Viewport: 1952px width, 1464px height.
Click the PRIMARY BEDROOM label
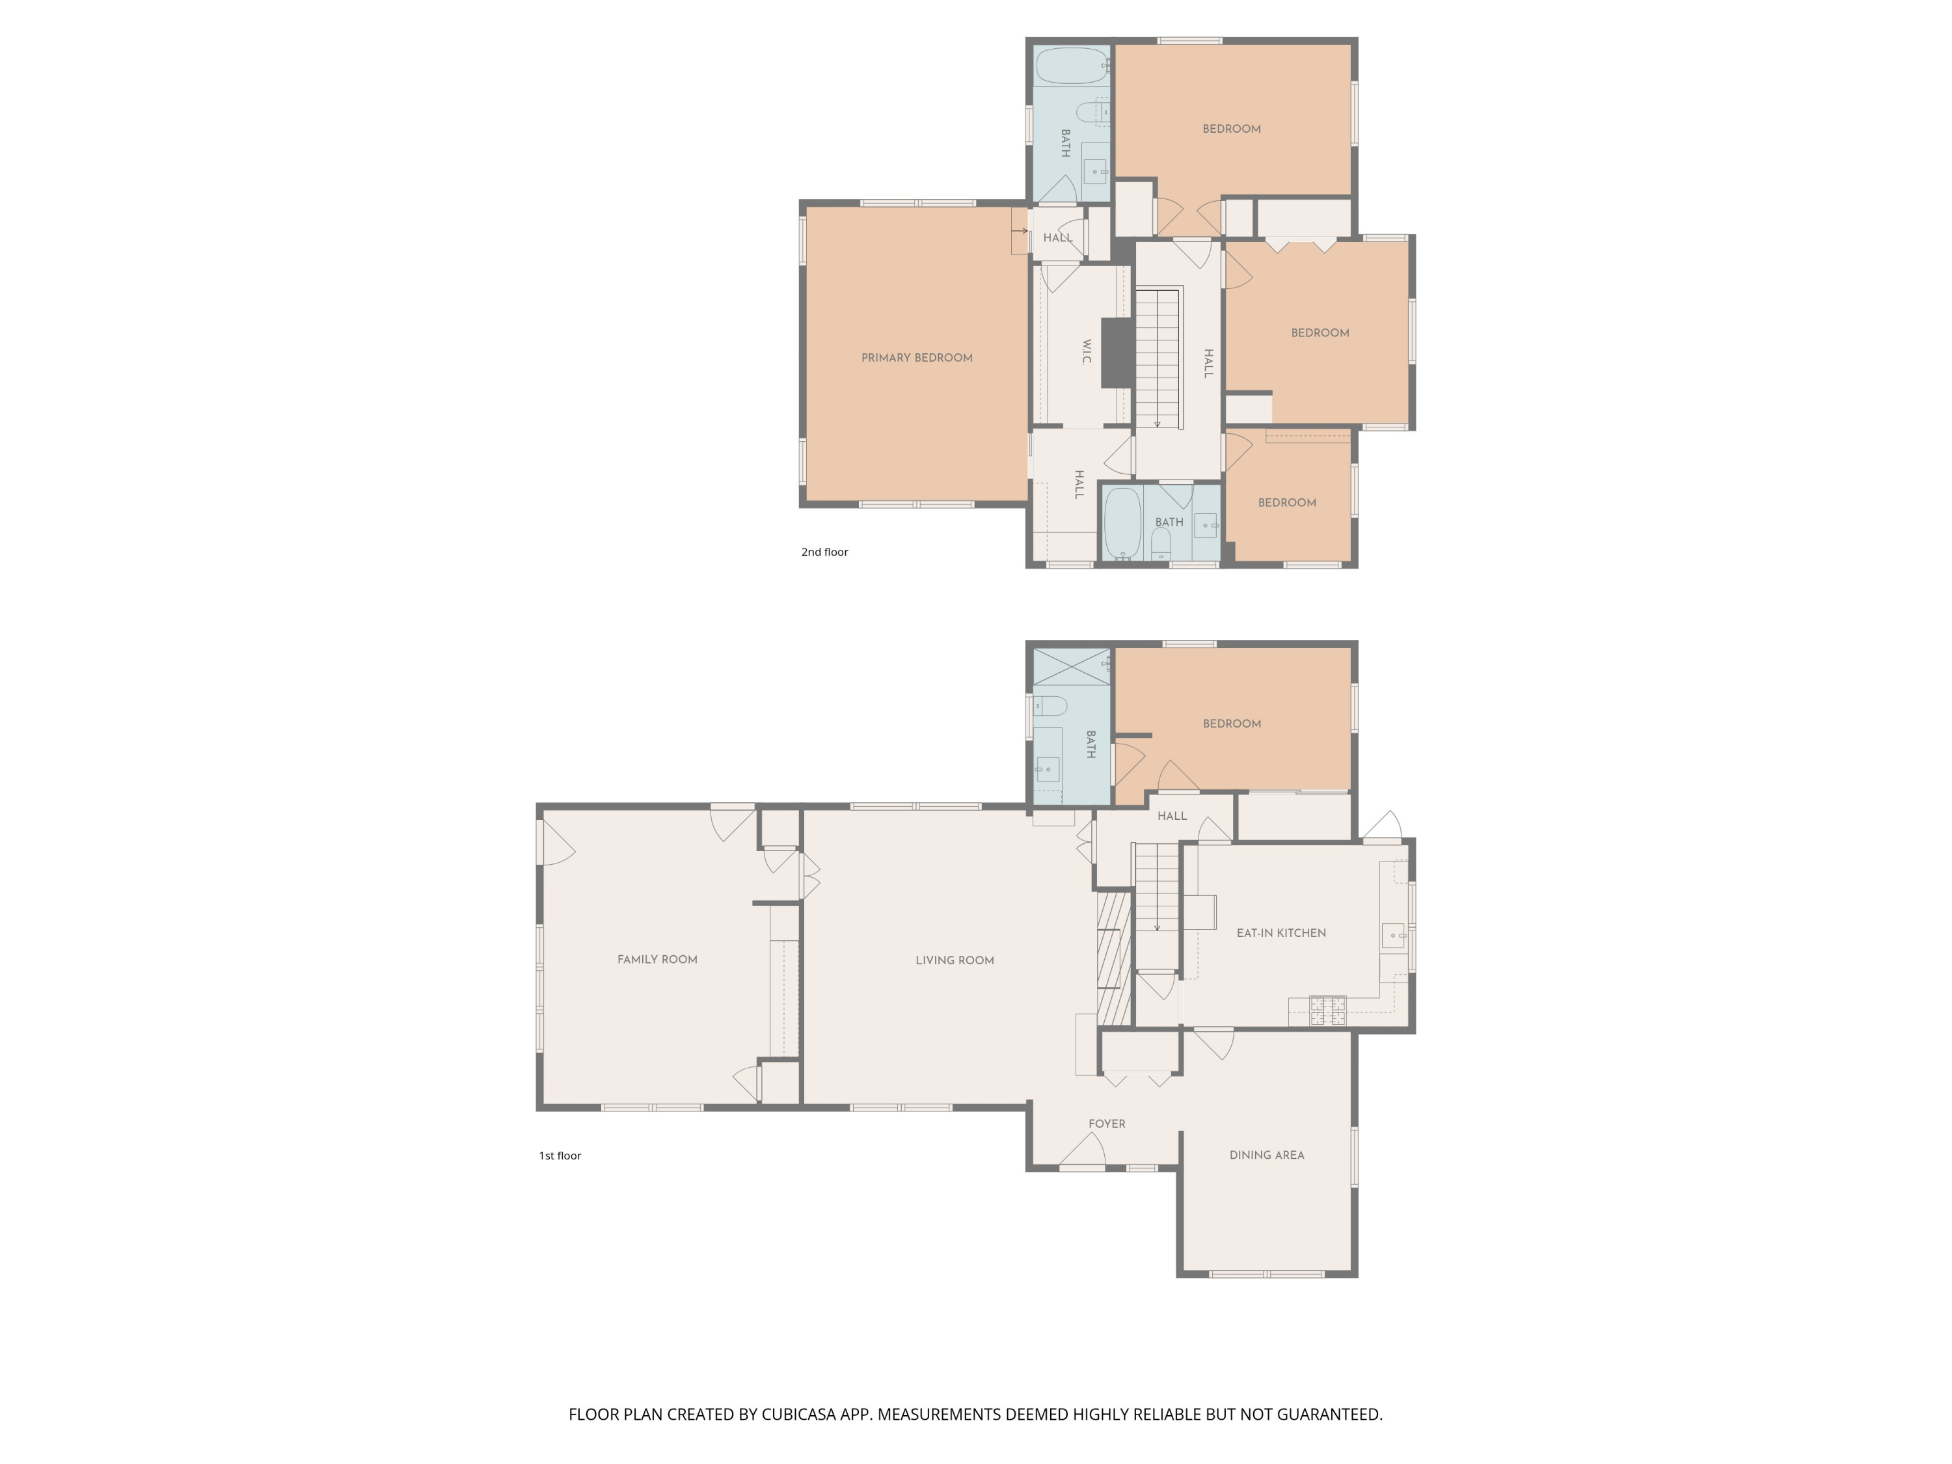point(916,357)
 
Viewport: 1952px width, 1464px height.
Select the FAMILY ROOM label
point(657,959)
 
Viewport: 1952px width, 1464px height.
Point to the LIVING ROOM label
point(954,960)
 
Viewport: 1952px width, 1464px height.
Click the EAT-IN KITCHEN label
point(1281,933)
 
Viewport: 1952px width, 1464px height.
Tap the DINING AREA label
point(1266,1154)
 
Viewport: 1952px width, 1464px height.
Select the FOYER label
point(1107,1123)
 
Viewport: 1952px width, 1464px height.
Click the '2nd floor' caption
point(824,552)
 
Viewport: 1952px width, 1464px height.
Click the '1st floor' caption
point(560,1155)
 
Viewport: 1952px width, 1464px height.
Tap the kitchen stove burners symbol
point(1327,1010)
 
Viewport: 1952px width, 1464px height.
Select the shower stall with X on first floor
point(1070,668)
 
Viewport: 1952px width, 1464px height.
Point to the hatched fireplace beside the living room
point(1114,958)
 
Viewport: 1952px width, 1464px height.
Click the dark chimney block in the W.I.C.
point(1117,352)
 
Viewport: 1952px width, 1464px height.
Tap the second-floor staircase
point(1157,357)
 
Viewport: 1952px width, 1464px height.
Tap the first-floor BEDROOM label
point(1231,724)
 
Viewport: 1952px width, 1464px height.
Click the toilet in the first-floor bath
point(1050,705)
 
